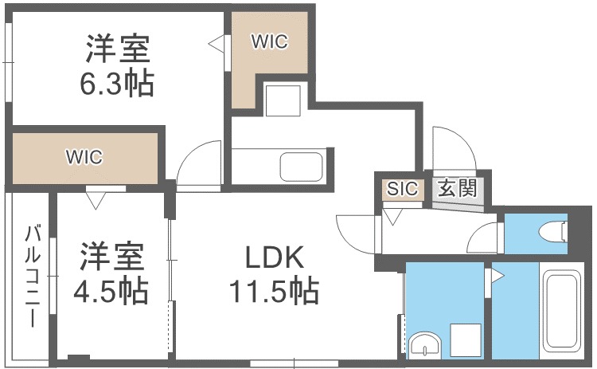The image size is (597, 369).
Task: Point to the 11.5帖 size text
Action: click(x=274, y=291)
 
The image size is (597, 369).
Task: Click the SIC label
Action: click(x=402, y=190)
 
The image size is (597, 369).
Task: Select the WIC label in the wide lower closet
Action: click(x=84, y=157)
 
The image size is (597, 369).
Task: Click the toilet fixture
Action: click(x=554, y=232)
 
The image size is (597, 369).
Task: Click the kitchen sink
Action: click(x=301, y=168)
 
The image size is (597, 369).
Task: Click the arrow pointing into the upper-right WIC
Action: click(x=216, y=44)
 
